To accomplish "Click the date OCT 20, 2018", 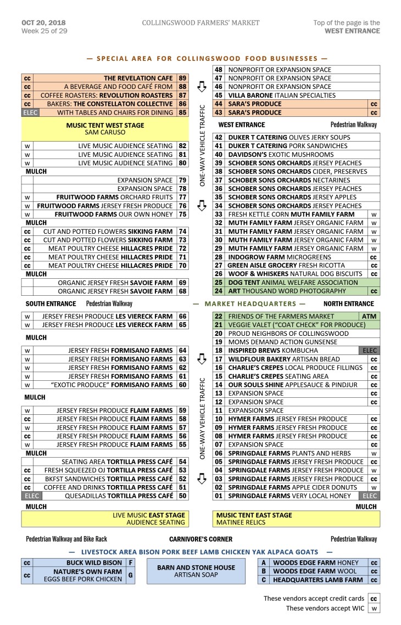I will (43, 22).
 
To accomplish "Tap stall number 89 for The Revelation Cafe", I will (182, 78).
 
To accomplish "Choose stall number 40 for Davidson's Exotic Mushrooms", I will (219, 155).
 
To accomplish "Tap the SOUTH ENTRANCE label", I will (51, 303).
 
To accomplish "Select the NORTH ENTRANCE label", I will (348, 303).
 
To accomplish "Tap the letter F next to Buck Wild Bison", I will (130, 563).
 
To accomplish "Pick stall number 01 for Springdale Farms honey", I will (219, 496).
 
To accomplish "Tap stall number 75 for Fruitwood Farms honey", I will (182, 215).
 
